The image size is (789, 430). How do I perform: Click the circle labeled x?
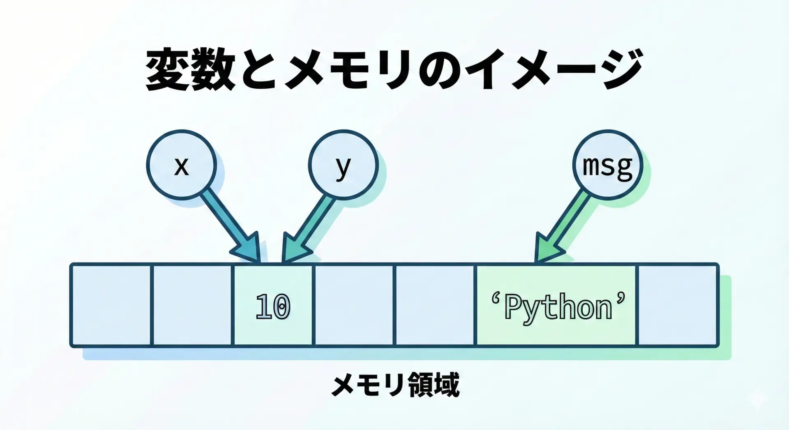click(181, 165)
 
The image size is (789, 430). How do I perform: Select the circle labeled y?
click(343, 165)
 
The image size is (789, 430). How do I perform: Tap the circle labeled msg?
click(607, 165)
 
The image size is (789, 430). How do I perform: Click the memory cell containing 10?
click(273, 305)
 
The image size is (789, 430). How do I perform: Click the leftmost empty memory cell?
click(111, 305)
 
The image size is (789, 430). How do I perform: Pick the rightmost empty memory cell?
click(678, 305)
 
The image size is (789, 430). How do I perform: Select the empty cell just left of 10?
click(192, 305)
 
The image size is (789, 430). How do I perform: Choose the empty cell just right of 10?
click(354, 305)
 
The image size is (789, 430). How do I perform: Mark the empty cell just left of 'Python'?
click(435, 305)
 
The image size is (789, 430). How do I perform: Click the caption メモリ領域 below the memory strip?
click(395, 385)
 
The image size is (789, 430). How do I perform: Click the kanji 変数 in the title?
click(191, 70)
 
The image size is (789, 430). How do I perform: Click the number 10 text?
click(273, 306)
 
